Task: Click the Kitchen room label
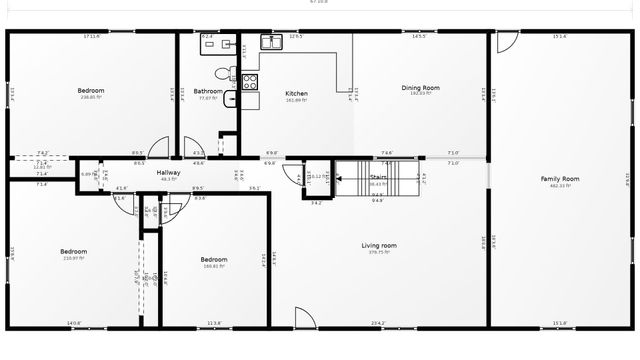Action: coord(296,93)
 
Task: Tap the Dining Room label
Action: coord(420,87)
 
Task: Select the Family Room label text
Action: coord(560,179)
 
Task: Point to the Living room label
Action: coord(379,245)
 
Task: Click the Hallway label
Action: coord(168,173)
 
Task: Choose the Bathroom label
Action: coord(208,91)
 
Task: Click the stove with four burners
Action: coord(250,82)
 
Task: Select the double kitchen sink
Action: coord(272,43)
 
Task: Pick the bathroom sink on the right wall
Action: coord(229,98)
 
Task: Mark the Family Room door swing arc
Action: coord(507,43)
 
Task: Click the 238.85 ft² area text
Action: coord(91,98)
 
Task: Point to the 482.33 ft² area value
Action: coord(560,186)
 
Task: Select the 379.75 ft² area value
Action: coord(379,252)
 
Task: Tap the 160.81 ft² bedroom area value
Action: coord(216,266)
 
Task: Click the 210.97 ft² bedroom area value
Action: coord(73,258)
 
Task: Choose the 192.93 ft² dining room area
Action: coord(420,94)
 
